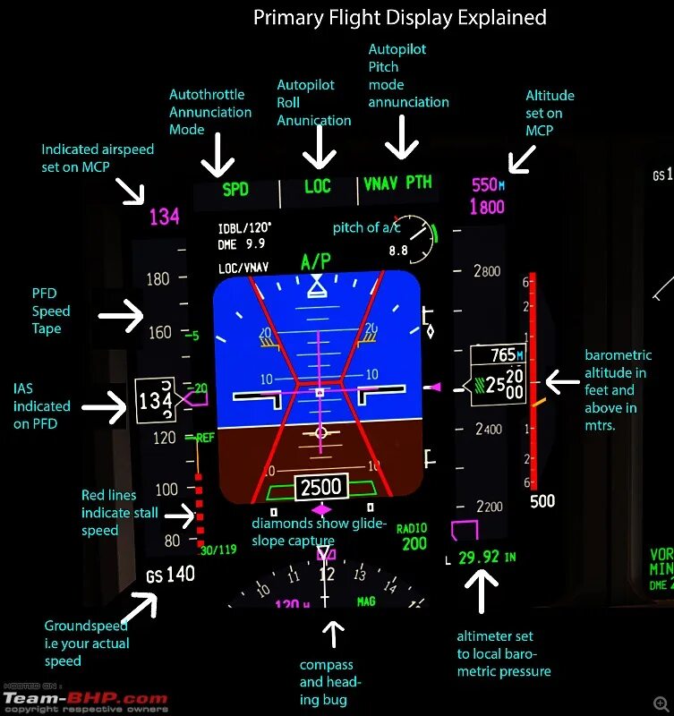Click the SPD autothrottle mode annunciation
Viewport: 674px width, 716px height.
click(x=235, y=189)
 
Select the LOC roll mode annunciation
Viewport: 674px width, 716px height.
click(x=318, y=186)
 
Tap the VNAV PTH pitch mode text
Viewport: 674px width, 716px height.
click(x=398, y=183)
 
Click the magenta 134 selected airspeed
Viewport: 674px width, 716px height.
click(x=164, y=217)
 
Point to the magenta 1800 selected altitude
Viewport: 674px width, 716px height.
click(x=487, y=208)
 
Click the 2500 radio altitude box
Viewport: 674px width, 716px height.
click(x=320, y=488)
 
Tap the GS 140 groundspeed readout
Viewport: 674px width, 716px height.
click(x=171, y=575)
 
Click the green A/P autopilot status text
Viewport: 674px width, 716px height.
click(x=315, y=261)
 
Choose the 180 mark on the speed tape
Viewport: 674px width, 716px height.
click(x=158, y=279)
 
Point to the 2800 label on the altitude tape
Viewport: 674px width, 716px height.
click(x=487, y=271)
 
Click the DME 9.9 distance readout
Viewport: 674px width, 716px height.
click(x=242, y=243)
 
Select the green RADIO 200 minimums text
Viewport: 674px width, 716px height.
click(x=413, y=536)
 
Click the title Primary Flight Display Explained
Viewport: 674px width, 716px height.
click(x=399, y=17)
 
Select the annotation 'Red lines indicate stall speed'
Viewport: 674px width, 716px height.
click(x=120, y=513)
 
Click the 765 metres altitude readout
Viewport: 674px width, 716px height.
click(x=503, y=355)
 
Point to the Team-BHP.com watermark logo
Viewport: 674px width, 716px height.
click(x=84, y=698)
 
